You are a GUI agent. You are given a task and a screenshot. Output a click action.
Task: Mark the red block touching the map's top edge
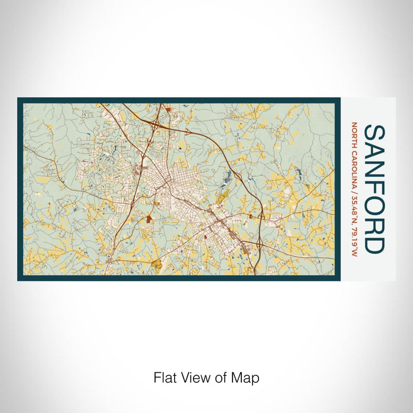click(x=169, y=109)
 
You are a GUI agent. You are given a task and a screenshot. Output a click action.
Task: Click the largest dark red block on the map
click(x=148, y=219)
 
